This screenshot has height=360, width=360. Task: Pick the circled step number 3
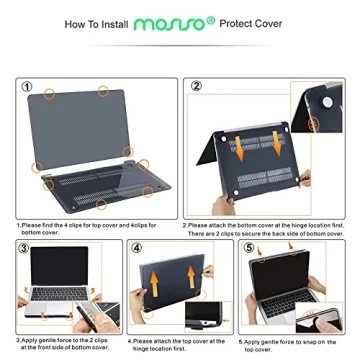click(25, 247)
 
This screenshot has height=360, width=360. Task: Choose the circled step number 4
click(136, 247)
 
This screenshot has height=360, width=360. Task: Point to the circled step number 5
click(245, 247)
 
